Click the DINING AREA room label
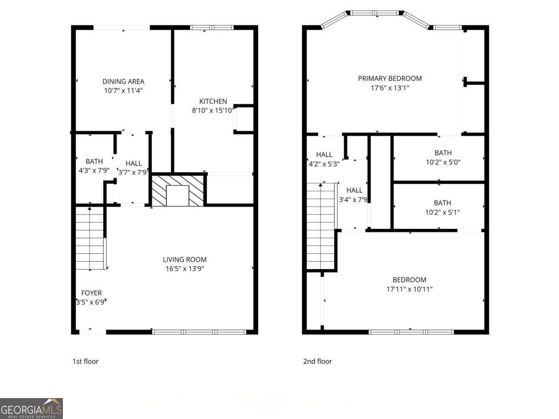click(123, 81)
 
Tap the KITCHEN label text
click(213, 101)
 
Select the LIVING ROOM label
click(184, 259)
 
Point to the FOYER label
click(91, 293)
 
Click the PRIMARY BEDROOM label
click(389, 78)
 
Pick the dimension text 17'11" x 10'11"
click(409, 289)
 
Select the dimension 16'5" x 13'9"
click(184, 269)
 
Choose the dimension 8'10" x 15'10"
click(213, 110)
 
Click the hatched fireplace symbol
click(178, 190)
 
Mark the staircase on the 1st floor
click(90, 239)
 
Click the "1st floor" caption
click(85, 361)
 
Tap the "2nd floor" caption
click(317, 361)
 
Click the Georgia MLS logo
click(31, 408)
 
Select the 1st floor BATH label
click(94, 162)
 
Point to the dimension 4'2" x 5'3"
click(324, 164)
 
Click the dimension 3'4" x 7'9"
click(354, 199)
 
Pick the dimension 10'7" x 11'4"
click(123, 91)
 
